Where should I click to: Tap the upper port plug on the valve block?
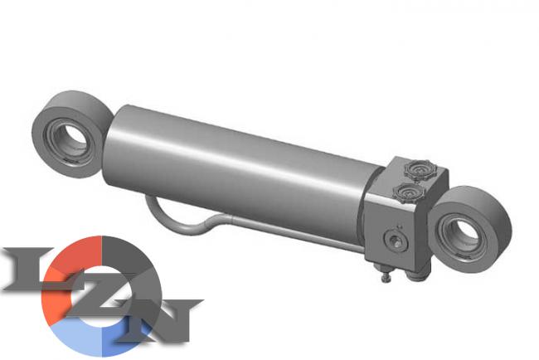pos(418,169)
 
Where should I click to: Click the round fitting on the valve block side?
pos(396,240)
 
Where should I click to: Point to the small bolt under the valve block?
pos(386,276)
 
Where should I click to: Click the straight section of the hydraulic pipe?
pos(296,233)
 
